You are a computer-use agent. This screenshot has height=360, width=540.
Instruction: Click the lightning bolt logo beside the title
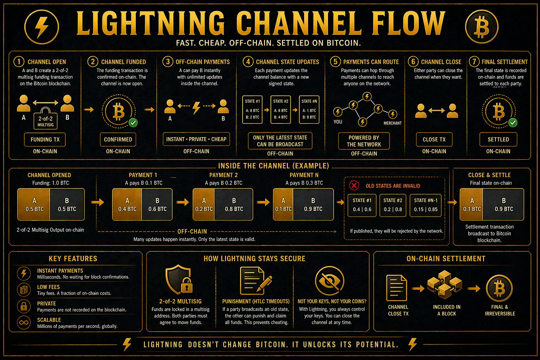click(41, 27)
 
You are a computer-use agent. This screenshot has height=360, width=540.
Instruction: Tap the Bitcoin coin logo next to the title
click(482, 26)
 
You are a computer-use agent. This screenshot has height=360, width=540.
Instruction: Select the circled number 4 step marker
click(248, 62)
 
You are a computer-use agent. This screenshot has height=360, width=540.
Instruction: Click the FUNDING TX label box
click(45, 139)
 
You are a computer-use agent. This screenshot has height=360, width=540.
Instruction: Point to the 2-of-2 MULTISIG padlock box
click(46, 118)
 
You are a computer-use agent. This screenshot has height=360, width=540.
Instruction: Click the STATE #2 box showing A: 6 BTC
click(281, 109)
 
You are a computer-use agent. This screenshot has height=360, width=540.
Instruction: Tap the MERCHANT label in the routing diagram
click(392, 123)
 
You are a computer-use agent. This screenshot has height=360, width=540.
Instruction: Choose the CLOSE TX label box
click(434, 139)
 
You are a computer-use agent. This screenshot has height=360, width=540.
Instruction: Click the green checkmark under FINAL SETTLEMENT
click(513, 123)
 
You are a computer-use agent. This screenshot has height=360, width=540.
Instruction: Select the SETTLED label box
click(498, 139)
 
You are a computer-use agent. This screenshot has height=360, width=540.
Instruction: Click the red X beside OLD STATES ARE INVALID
click(354, 185)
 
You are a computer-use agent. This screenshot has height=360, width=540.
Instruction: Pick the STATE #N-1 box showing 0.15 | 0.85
click(425, 205)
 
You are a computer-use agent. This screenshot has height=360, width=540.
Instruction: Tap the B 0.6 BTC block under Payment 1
click(157, 205)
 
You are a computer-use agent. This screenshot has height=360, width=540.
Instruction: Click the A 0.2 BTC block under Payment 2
click(204, 205)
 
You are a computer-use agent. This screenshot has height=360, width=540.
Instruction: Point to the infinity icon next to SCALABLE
click(24, 323)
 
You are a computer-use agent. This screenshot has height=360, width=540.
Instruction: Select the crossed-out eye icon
click(329, 281)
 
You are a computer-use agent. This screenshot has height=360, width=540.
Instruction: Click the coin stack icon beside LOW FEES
click(24, 290)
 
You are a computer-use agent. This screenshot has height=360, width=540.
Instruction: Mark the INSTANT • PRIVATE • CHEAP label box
click(196, 139)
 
